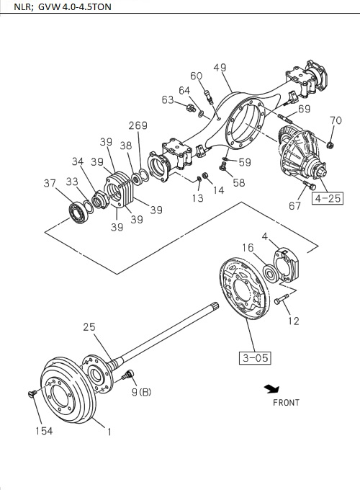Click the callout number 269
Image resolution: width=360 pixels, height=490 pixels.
point(138,125)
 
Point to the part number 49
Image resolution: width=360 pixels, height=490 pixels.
point(220,68)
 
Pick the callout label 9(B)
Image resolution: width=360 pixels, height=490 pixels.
point(141,392)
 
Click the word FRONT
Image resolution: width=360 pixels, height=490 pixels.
point(286,402)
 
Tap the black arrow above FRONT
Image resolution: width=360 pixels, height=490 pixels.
point(271,389)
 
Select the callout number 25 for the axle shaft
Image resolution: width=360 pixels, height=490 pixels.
point(89,328)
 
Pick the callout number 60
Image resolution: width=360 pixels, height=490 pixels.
point(197,76)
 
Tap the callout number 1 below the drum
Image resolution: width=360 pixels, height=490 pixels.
point(109,432)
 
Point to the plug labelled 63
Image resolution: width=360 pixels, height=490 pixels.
point(192,108)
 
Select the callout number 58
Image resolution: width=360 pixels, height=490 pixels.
point(238,182)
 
